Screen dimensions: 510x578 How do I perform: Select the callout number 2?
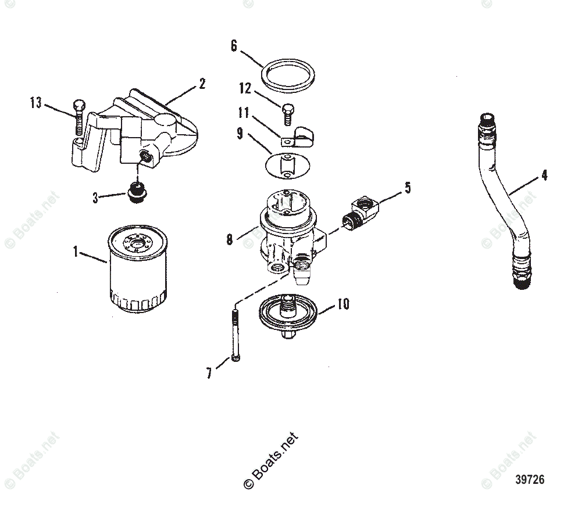pyautogui.click(x=202, y=84)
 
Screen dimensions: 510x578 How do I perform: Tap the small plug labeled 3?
pyautogui.click(x=137, y=193)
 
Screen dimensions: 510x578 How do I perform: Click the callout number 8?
pyautogui.click(x=230, y=238)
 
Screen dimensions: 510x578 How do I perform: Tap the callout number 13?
pyautogui.click(x=36, y=103)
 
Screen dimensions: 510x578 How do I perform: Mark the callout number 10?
pyautogui.click(x=343, y=304)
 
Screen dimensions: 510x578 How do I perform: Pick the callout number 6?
pyautogui.click(x=234, y=46)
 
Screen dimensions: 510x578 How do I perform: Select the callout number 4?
pyautogui.click(x=544, y=174)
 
